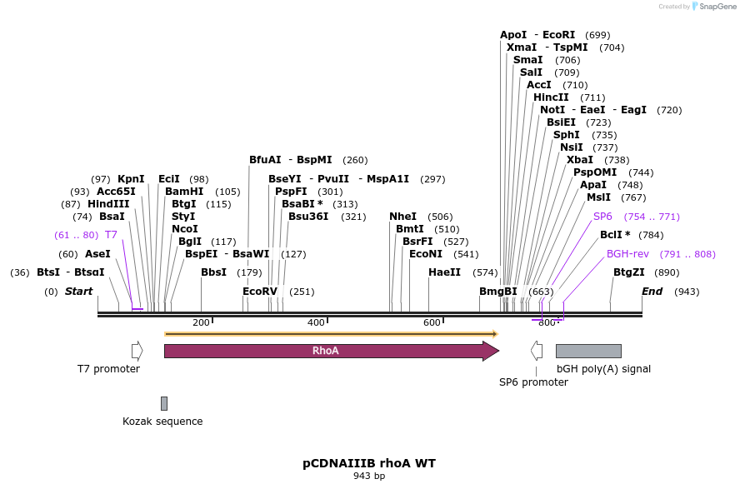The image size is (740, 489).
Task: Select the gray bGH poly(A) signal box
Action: click(588, 351)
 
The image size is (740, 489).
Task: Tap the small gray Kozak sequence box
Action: click(164, 403)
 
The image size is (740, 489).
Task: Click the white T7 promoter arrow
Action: click(137, 351)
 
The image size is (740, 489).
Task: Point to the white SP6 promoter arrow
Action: click(537, 351)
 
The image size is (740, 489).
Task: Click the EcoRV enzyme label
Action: click(260, 292)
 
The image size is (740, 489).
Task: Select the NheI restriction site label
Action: click(403, 217)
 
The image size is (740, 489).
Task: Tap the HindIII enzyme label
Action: click(108, 204)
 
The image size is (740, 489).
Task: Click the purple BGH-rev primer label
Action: click(627, 254)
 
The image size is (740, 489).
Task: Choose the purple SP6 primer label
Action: click(602, 217)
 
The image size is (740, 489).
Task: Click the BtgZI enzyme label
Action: click(629, 272)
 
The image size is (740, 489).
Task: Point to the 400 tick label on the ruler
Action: click(316, 322)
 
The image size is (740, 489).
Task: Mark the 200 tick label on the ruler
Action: click(201, 322)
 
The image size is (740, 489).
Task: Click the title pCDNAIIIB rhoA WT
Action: click(369, 463)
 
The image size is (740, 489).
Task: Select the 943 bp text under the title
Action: click(369, 477)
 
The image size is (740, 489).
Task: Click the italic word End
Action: click(652, 292)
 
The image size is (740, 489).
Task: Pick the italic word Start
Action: click(79, 292)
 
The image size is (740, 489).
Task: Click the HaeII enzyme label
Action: click(444, 272)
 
